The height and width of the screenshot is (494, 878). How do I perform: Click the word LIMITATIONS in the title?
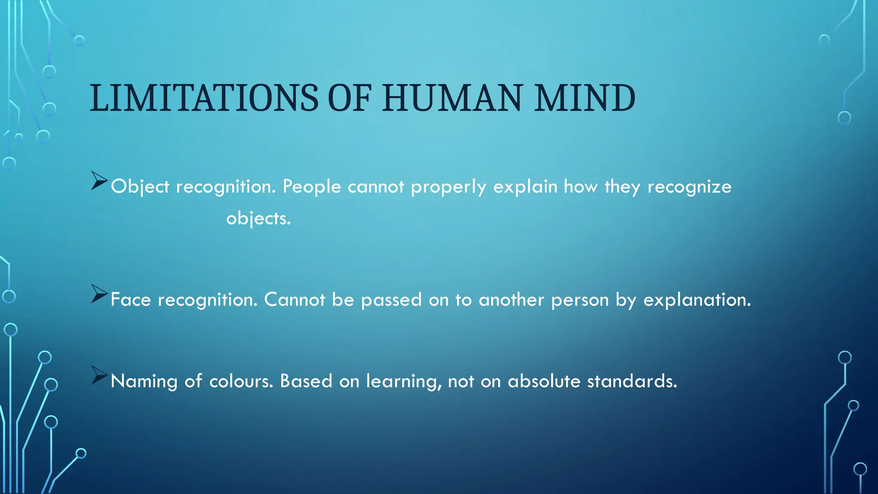coord(204,98)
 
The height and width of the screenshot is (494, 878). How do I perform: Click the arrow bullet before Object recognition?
coord(99,181)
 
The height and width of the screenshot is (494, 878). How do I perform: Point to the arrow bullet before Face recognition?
coord(99,294)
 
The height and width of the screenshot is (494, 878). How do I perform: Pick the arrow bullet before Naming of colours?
coord(99,376)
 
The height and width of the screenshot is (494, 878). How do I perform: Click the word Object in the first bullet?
coord(140,187)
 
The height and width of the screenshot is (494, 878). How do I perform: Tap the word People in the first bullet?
coord(312,187)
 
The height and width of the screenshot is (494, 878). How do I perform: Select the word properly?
coord(448,187)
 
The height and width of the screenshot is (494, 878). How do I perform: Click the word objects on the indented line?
coord(258,219)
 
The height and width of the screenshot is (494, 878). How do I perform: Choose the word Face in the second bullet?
coord(131,300)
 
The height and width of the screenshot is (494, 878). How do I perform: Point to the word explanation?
coord(697,300)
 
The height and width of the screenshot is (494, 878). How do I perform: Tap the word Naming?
coord(144,381)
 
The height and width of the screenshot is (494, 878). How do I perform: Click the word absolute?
coord(544,381)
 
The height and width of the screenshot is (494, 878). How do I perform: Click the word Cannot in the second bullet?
coord(295,300)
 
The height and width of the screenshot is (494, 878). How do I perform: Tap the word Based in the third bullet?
coord(306,381)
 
